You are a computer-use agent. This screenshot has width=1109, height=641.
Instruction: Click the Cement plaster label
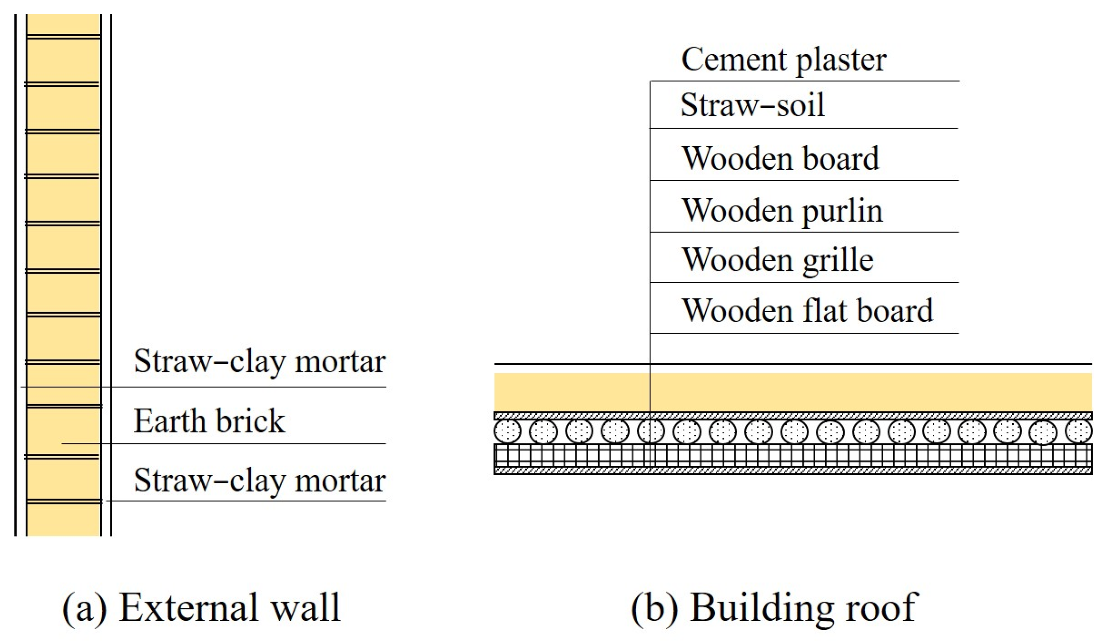[x=783, y=60]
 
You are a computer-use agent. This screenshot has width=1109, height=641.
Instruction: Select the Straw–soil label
[x=752, y=105]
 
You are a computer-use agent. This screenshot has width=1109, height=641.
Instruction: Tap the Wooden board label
[x=780, y=159]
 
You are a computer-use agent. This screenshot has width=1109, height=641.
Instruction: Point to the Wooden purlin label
[x=782, y=211]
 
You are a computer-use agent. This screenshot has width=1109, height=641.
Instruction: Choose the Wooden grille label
[x=777, y=260]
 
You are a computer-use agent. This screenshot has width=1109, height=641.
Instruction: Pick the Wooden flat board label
[x=807, y=311]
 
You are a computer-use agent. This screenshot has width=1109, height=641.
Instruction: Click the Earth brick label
[x=209, y=421]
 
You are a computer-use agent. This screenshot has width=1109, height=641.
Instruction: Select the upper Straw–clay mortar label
[x=259, y=361]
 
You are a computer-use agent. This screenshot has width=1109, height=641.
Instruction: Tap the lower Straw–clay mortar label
[x=259, y=480]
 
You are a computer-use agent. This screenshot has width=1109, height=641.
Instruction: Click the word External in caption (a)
[x=188, y=607]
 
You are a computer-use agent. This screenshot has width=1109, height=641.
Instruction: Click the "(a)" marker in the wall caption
[x=84, y=608]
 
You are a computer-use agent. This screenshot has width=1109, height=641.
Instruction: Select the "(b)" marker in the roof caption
[x=654, y=608]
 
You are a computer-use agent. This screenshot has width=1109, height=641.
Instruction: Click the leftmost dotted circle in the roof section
[x=507, y=431]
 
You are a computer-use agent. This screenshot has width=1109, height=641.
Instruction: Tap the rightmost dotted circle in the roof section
[x=1079, y=431]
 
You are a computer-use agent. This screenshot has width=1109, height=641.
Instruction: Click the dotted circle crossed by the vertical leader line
[x=650, y=431]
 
